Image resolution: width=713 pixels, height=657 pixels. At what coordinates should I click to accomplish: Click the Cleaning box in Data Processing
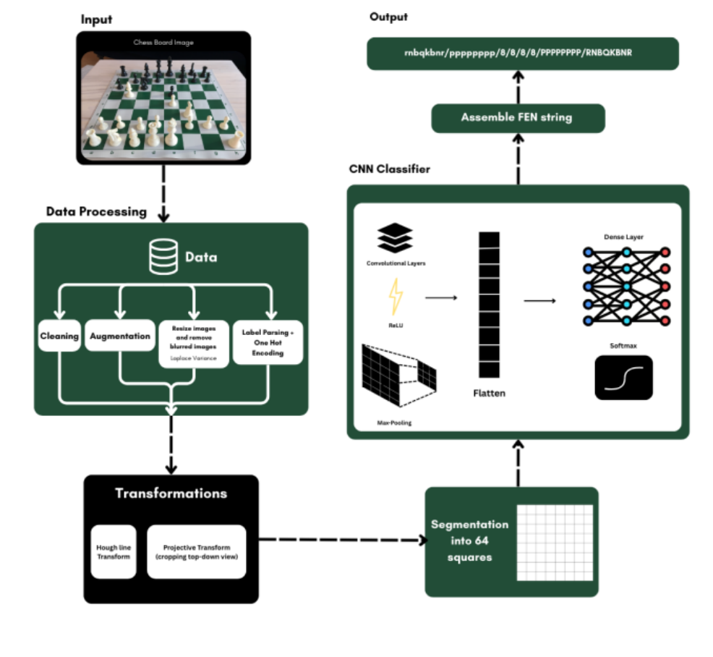point(59,336)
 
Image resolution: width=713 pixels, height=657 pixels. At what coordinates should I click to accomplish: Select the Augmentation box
point(120,336)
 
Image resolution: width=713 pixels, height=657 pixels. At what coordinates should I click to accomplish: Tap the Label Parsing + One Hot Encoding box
point(268,342)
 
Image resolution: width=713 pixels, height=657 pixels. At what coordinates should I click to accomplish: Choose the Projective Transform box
point(197,552)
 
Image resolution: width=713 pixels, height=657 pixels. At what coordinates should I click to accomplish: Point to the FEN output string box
point(523,54)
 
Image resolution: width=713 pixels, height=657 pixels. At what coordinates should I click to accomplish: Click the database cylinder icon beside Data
point(163,258)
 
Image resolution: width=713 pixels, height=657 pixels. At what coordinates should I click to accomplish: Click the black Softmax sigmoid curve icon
point(623,378)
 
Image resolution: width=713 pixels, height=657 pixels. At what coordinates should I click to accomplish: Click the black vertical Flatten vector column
point(488,305)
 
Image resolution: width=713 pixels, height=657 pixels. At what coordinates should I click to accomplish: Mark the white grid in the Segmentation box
point(555,542)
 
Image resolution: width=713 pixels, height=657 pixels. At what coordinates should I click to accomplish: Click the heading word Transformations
point(171,493)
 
